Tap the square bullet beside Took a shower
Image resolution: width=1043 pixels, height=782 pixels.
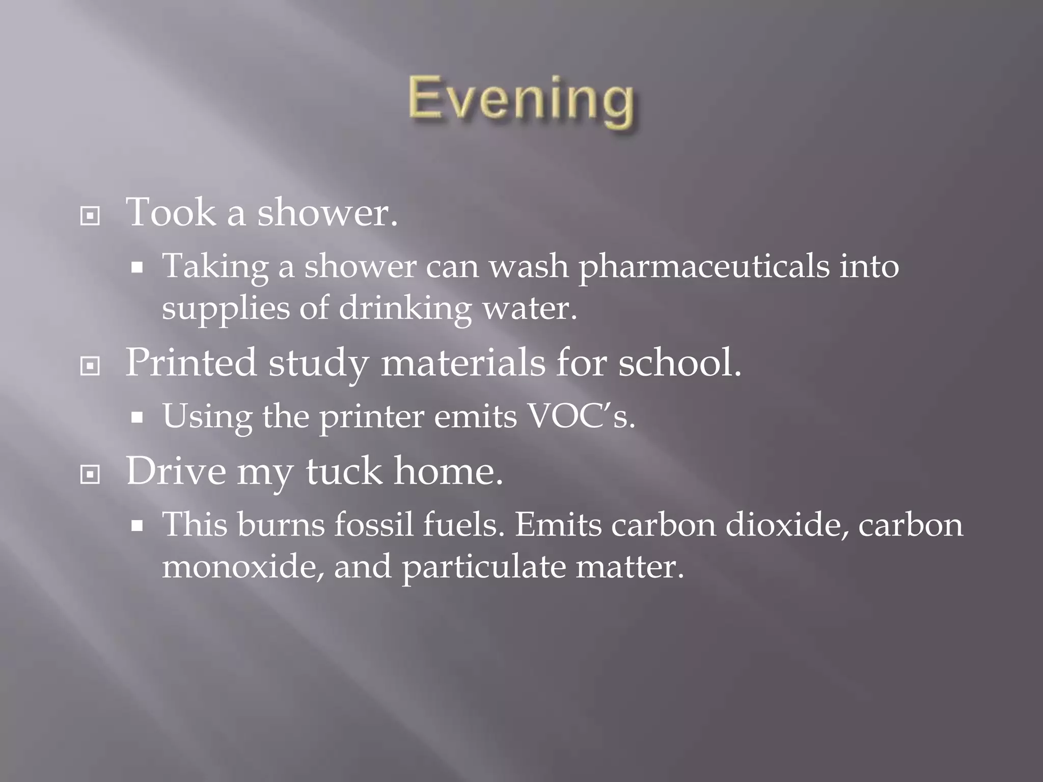(90, 216)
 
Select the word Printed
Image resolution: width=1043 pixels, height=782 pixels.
(191, 362)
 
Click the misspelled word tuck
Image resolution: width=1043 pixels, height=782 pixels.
(344, 471)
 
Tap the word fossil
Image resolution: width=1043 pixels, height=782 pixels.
(373, 524)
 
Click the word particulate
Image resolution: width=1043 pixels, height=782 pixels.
(484, 567)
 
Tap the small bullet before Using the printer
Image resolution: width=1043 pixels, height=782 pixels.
(136, 418)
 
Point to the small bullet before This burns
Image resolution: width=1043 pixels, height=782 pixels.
(136, 527)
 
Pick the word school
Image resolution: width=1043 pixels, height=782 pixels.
(679, 362)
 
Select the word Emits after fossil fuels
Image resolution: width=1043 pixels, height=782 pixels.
(558, 524)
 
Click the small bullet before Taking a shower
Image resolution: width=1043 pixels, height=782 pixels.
(136, 268)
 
